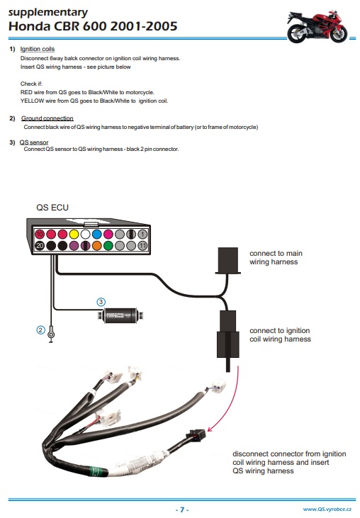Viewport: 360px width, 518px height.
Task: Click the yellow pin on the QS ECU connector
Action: (x=74, y=235)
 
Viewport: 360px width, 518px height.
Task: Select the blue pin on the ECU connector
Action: (x=97, y=235)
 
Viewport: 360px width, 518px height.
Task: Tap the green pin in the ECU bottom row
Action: (x=108, y=245)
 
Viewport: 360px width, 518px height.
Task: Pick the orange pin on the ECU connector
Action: (x=97, y=245)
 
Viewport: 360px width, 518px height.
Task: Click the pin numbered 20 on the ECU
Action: (x=40, y=245)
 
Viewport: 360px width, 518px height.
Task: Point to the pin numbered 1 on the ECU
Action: (x=142, y=235)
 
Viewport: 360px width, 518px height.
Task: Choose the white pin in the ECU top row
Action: (x=85, y=235)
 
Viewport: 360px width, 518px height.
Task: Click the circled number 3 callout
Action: (x=101, y=302)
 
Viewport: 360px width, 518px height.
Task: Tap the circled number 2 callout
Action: (x=40, y=330)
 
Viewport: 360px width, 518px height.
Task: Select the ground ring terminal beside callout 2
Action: (x=51, y=334)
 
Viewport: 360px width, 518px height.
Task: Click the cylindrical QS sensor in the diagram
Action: (x=120, y=315)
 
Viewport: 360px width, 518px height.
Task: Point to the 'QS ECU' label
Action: (x=52, y=208)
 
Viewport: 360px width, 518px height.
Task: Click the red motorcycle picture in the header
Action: (x=317, y=26)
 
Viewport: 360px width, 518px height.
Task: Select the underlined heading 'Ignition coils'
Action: (x=38, y=49)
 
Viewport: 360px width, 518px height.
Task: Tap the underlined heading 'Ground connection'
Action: (x=47, y=118)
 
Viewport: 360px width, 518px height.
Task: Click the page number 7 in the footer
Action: (x=182, y=509)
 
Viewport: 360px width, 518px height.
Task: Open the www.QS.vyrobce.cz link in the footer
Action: (x=327, y=509)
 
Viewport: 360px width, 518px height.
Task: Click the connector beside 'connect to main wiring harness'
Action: (x=228, y=261)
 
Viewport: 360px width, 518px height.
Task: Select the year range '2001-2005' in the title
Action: (x=144, y=26)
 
